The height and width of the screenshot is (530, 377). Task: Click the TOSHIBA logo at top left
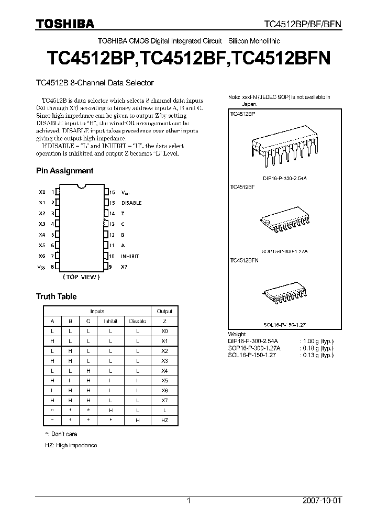click(65, 24)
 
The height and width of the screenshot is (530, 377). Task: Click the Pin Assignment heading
click(64, 171)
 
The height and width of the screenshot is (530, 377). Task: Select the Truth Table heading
click(56, 296)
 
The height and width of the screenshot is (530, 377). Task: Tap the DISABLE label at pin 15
click(131, 203)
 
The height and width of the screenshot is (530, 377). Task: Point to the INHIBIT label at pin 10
click(130, 256)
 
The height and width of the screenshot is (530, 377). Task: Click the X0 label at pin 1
click(42, 192)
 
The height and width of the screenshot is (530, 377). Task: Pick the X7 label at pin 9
click(124, 267)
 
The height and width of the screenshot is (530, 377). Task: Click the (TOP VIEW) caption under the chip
click(81, 277)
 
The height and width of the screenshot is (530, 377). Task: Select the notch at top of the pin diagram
click(81, 185)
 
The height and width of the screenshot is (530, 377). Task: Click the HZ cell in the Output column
click(164, 420)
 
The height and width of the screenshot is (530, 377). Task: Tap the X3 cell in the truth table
click(164, 361)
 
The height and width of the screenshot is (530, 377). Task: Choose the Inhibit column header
click(110, 321)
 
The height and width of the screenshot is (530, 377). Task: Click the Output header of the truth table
click(164, 311)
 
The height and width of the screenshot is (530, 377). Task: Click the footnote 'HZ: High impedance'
click(71, 445)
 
